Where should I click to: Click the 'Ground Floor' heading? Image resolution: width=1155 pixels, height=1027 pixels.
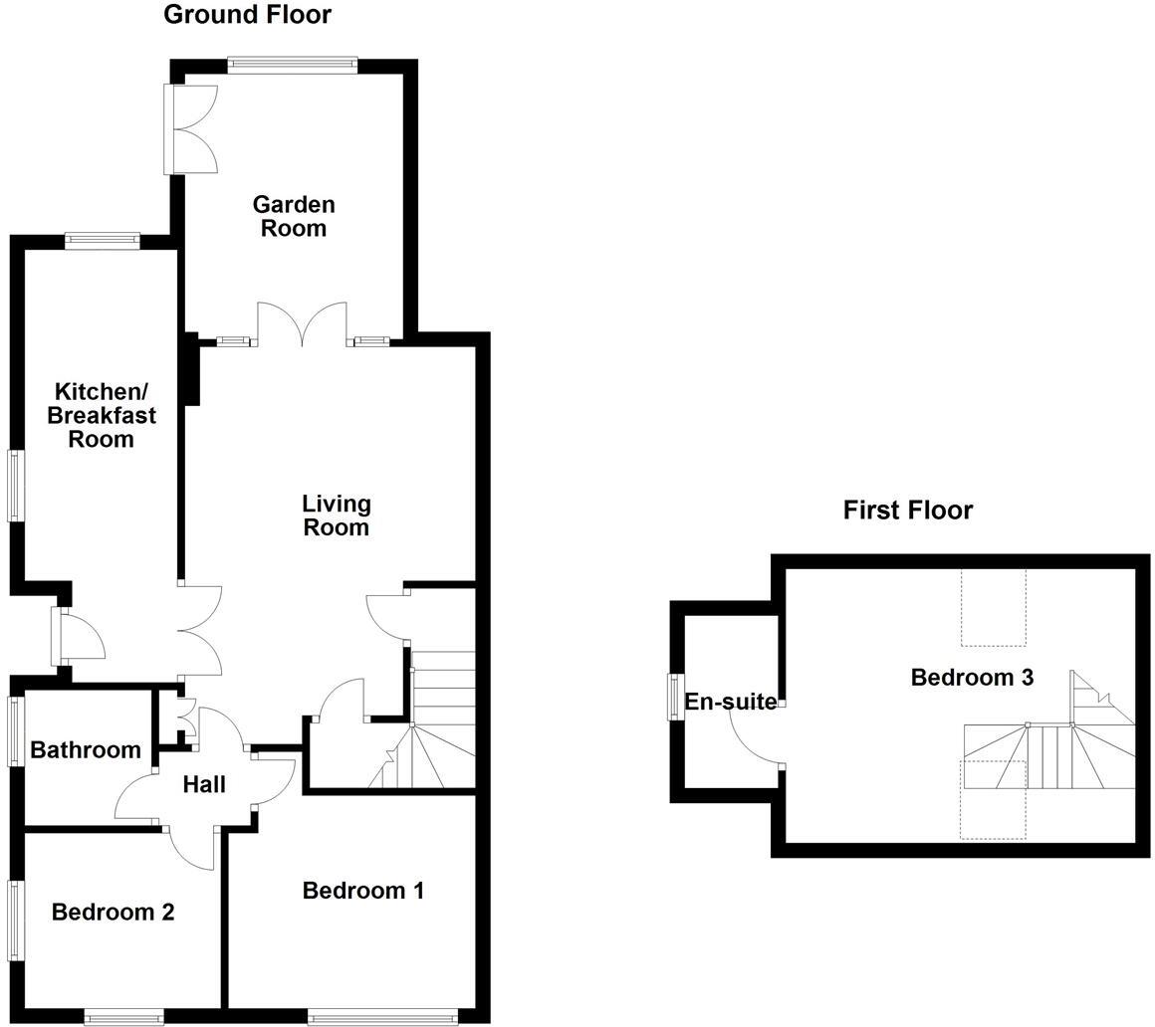[x=247, y=15]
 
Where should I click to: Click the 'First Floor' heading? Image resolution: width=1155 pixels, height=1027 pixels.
[x=907, y=511]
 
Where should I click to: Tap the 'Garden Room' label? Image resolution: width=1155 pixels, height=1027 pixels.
[x=294, y=216]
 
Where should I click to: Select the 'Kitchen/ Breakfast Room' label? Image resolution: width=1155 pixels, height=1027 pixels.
[x=101, y=415]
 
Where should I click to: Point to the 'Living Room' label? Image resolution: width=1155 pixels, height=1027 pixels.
[x=336, y=515]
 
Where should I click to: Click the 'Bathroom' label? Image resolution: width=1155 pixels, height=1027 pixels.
[x=85, y=750]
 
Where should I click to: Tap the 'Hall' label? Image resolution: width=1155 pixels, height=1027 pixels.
[x=204, y=785]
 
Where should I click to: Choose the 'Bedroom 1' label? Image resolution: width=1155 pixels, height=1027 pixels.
[x=363, y=891]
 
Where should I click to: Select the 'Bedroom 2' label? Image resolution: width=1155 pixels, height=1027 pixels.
[x=113, y=912]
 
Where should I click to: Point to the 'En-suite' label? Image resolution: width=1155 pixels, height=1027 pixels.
[x=730, y=702]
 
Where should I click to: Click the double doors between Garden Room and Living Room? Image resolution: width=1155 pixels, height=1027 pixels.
[x=303, y=324]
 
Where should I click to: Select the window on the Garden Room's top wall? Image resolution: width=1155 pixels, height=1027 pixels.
[x=292, y=65]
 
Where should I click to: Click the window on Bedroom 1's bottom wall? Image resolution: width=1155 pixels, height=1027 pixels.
[x=382, y=1016]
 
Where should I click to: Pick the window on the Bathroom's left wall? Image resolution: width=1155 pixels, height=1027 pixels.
[x=15, y=731]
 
